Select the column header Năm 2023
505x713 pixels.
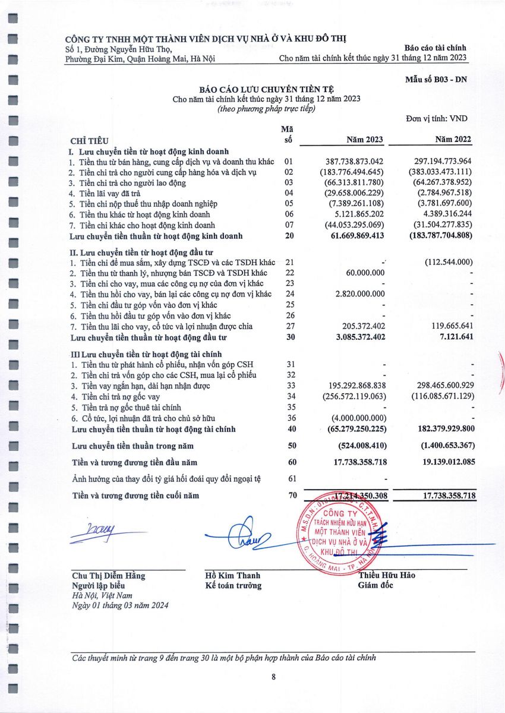(x=365, y=140)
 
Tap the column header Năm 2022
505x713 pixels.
(x=453, y=140)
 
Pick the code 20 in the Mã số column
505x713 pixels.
(x=289, y=236)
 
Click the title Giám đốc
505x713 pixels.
(x=375, y=585)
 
